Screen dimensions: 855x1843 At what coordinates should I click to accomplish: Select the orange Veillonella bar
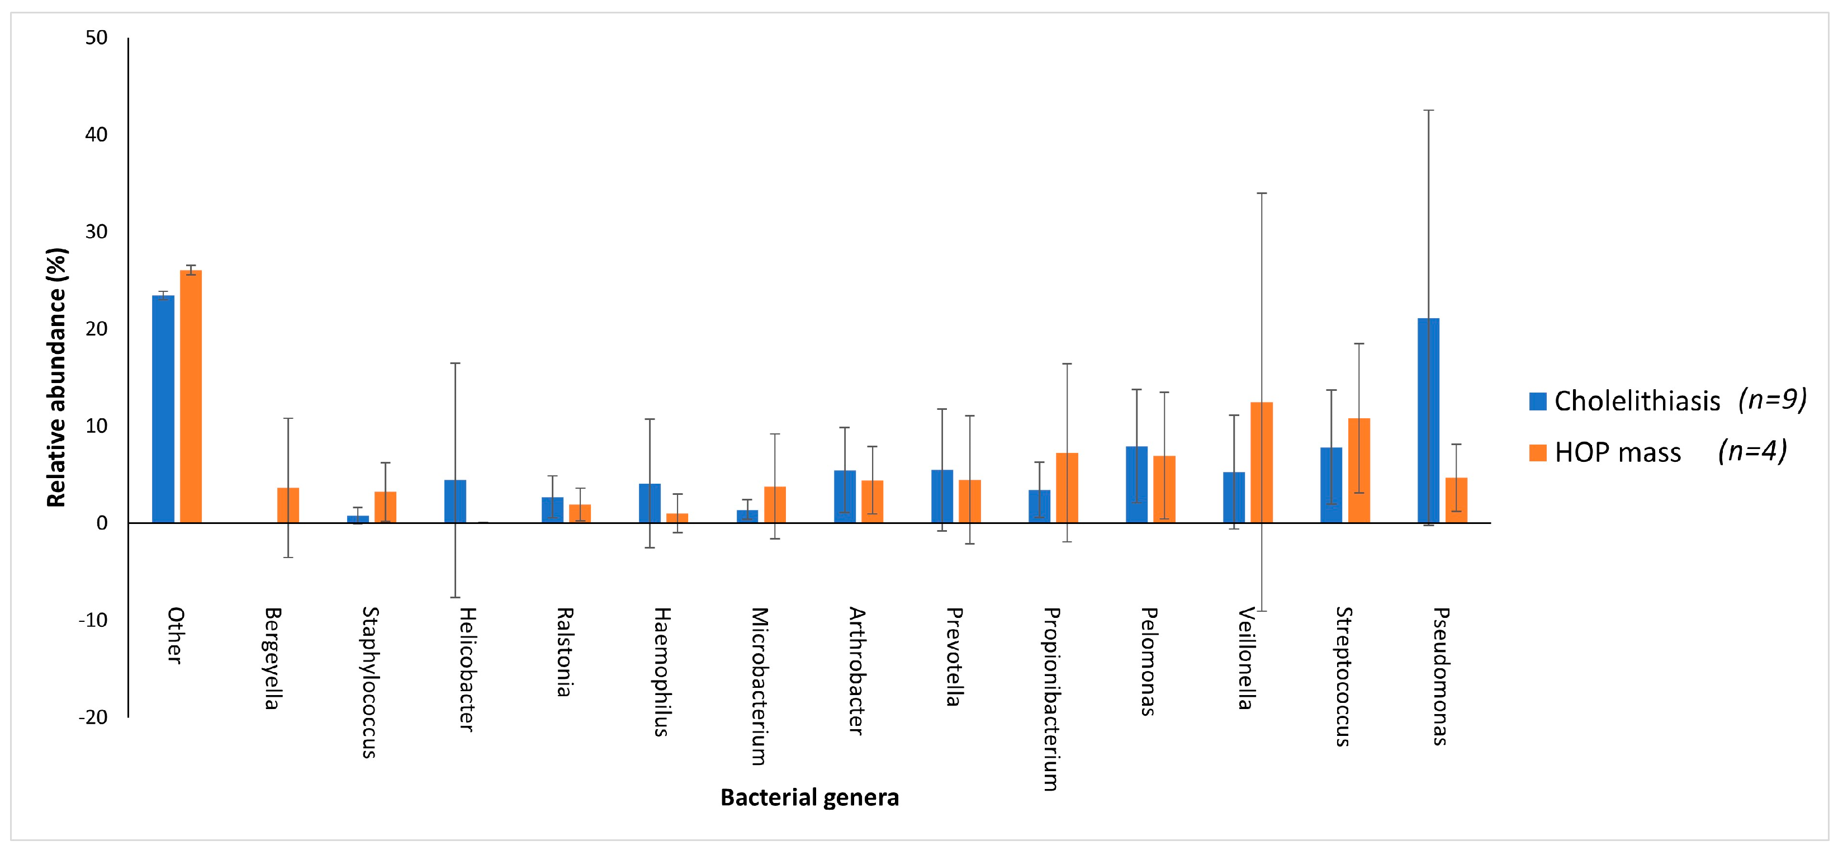(1261, 463)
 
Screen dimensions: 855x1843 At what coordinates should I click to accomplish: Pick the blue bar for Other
(163, 409)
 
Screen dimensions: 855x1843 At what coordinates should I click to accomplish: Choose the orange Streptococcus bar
(1359, 470)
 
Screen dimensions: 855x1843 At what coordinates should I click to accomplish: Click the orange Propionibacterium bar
(1067, 488)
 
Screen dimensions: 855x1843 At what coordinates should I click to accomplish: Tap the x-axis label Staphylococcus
(369, 682)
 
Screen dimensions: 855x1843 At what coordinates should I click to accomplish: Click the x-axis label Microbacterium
(759, 686)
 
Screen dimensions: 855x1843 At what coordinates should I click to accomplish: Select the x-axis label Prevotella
(954, 657)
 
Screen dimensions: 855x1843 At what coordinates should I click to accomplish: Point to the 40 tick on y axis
(96, 135)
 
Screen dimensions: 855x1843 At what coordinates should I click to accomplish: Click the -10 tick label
(93, 620)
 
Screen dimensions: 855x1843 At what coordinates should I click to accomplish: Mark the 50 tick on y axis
(96, 37)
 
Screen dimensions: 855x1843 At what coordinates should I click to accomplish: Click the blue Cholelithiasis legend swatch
(1537, 401)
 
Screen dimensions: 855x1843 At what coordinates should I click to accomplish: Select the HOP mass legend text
(1618, 453)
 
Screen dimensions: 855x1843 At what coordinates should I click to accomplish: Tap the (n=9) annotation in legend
(1772, 399)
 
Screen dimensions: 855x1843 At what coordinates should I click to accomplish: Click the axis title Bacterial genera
(809, 797)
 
